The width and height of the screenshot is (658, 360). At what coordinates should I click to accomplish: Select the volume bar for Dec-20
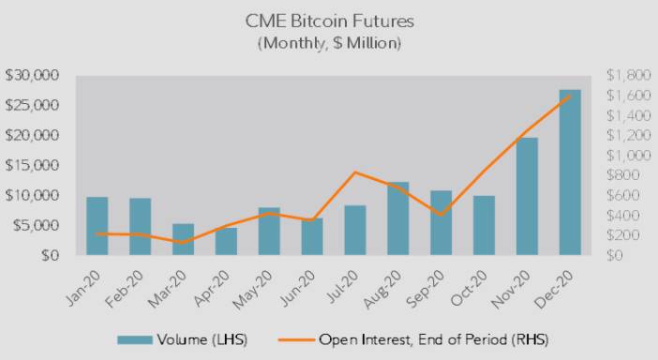(570, 172)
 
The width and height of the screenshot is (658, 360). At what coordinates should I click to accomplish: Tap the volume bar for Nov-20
(527, 196)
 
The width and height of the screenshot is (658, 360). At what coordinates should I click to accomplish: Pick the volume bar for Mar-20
(183, 239)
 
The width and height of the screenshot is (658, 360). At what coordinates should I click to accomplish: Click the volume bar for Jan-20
(97, 226)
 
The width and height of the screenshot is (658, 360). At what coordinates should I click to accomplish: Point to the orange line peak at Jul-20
(354, 172)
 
